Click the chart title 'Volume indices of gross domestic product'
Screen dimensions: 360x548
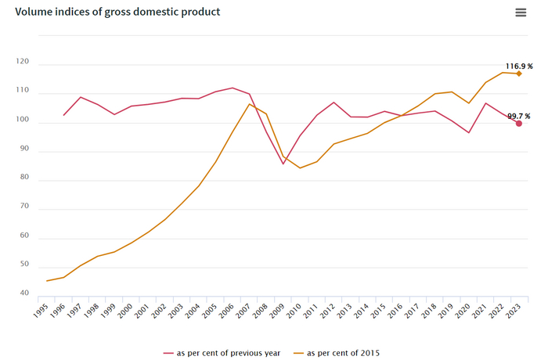[x=117, y=13]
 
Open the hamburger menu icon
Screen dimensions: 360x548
[x=521, y=13]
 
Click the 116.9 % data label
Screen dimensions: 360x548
[x=517, y=67]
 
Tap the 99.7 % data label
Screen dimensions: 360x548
[x=518, y=117]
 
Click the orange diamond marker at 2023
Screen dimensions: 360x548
[x=518, y=74]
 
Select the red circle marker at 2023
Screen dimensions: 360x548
[x=518, y=123]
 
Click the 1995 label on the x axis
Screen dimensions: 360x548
[x=41, y=311]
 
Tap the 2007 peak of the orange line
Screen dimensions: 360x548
[x=249, y=104]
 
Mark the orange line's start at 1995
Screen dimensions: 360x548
[x=47, y=281]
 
